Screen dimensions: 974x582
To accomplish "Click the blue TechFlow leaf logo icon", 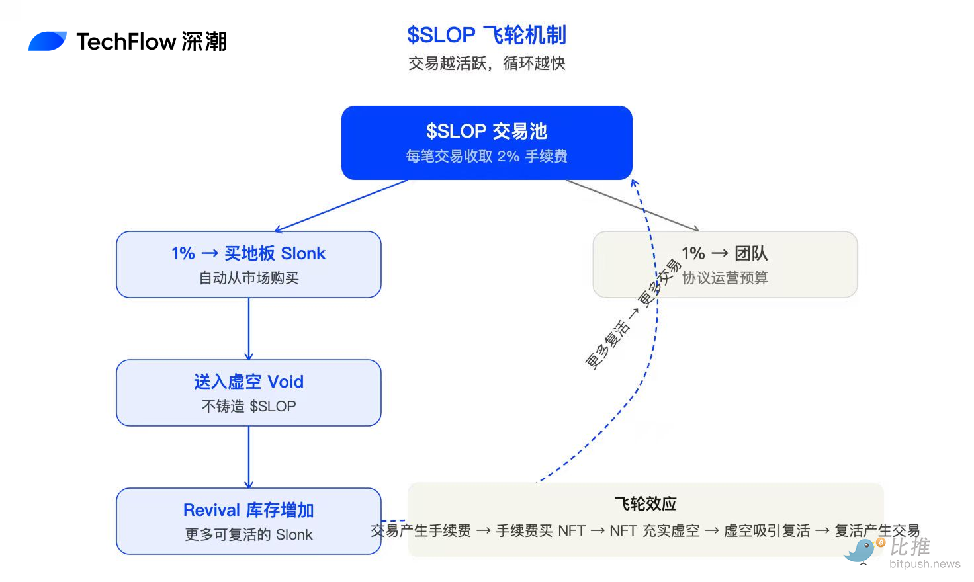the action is pos(48,41).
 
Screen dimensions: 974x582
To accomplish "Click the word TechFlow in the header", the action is pos(126,42).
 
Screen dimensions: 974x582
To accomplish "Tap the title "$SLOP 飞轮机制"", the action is pos(486,35).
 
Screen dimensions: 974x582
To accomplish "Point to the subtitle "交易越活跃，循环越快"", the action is pos(486,63).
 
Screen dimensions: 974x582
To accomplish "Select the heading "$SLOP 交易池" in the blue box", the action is pos(486,131).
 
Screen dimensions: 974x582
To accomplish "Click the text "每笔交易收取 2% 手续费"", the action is pos(486,156).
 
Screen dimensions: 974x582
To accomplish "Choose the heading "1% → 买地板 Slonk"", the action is pos(248,253).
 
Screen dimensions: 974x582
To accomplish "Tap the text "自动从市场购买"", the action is pos(249,278).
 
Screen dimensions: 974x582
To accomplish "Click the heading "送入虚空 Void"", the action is pos(249,382).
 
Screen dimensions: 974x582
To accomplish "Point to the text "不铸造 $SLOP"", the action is pos(249,406).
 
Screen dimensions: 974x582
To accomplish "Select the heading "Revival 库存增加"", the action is pos(249,510).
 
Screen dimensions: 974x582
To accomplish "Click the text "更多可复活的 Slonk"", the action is pos(249,534).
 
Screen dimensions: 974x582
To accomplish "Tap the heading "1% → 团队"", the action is pos(725,253).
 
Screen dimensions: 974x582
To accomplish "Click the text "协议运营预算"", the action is pos(725,278).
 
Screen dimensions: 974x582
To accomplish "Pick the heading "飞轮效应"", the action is pos(646,504).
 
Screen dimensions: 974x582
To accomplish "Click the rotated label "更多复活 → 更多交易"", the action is pos(633,314).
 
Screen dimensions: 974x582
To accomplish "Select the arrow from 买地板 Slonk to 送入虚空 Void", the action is pos(249,329).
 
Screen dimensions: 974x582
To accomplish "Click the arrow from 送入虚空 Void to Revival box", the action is pos(249,457).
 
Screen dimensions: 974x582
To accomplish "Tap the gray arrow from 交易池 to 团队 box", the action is pos(633,206).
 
